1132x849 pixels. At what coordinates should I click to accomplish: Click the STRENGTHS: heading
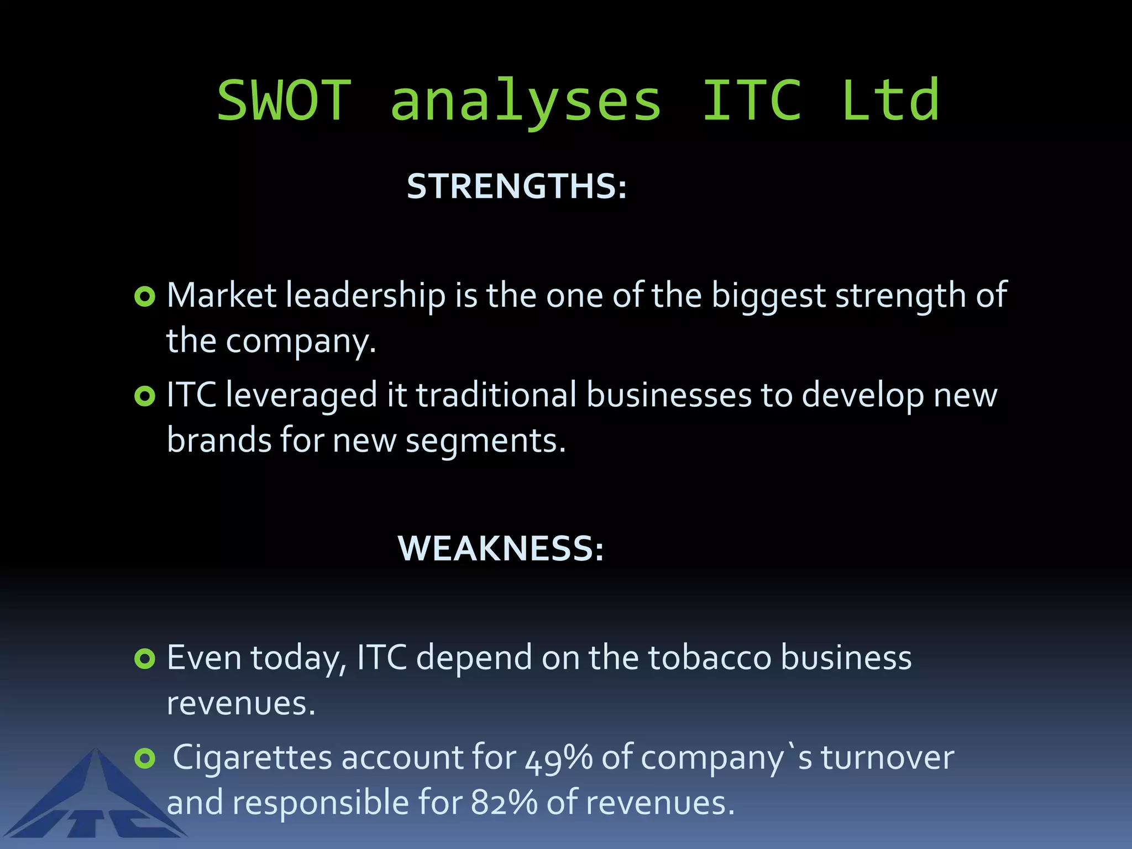(517, 186)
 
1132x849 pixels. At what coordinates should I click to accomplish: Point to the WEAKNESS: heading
(501, 548)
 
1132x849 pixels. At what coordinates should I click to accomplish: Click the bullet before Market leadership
(145, 297)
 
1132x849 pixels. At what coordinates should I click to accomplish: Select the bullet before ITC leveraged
(145, 396)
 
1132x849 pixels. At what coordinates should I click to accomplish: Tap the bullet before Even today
(145, 658)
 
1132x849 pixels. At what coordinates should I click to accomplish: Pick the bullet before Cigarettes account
(145, 758)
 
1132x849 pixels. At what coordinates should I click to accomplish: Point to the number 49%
(558, 758)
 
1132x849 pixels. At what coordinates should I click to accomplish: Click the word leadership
(365, 296)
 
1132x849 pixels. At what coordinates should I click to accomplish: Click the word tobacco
(710, 658)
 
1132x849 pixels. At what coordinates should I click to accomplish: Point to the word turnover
(887, 758)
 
